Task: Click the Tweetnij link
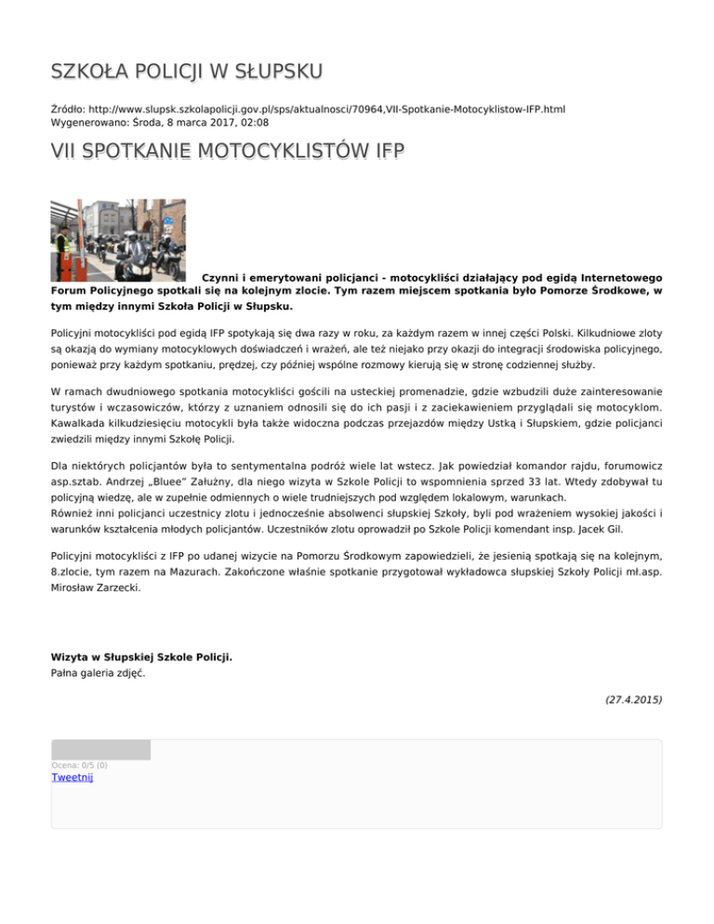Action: click(x=73, y=777)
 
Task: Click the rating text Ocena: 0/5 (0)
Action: click(x=80, y=765)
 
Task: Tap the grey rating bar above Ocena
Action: click(x=100, y=749)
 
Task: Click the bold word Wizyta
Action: click(x=71, y=657)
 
